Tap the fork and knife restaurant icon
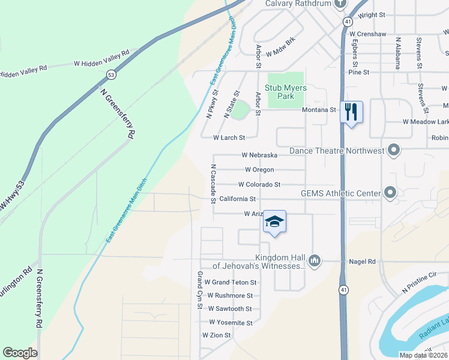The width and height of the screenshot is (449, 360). click(x=351, y=111)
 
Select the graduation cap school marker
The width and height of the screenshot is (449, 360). click(x=274, y=222)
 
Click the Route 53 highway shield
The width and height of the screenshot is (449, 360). click(x=110, y=74)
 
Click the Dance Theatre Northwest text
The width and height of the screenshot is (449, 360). click(x=336, y=151)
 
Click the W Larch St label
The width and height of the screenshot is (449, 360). click(x=229, y=137)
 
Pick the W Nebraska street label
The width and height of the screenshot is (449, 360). click(x=259, y=155)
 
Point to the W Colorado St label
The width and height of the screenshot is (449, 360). click(x=259, y=184)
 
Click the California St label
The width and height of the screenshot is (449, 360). click(x=238, y=199)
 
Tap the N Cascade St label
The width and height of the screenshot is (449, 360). click(x=213, y=184)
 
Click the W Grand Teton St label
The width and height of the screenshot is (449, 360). click(x=231, y=282)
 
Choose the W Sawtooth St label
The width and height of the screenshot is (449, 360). click(x=230, y=308)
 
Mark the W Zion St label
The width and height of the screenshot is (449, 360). click(x=216, y=335)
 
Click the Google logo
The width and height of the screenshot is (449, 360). click(x=20, y=353)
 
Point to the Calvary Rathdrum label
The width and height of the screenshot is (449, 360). click(x=298, y=4)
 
